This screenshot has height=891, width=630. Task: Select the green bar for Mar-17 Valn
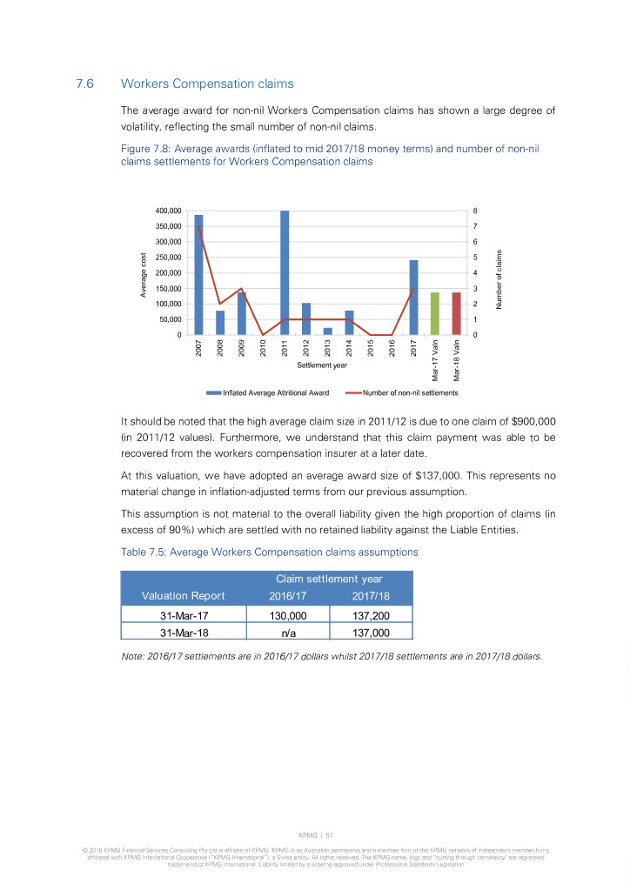[435, 314]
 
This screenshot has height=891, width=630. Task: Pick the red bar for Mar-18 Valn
[456, 314]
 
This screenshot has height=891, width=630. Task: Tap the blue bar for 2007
[198, 275]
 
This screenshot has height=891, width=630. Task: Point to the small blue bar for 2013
[327, 332]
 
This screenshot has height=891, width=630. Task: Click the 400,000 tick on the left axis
[168, 211]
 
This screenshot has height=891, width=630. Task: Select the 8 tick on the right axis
[474, 211]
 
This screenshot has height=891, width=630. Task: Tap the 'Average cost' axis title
[144, 274]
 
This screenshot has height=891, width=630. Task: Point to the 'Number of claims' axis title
[500, 278]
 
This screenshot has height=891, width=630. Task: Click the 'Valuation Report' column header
[184, 595]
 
